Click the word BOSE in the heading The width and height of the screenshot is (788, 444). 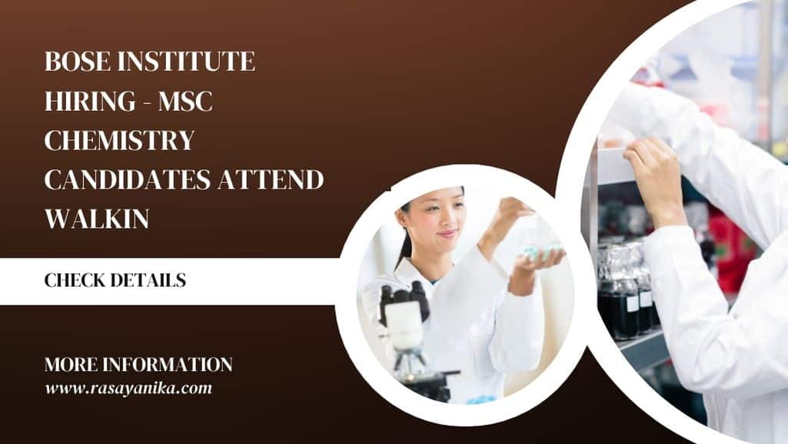tap(78, 62)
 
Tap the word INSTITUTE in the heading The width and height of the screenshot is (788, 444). tap(187, 62)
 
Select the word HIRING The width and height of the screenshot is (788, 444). tap(90, 101)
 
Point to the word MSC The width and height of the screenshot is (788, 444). tap(185, 101)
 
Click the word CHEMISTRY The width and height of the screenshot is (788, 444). tap(120, 140)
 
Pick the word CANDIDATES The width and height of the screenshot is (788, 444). tap(128, 179)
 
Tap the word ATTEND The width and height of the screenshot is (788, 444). tap(271, 179)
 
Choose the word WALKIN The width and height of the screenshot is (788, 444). tap(97, 219)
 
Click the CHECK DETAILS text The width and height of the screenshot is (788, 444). tap(115, 280)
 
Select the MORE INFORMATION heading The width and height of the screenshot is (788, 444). tap(138, 365)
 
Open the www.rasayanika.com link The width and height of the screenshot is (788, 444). tap(128, 388)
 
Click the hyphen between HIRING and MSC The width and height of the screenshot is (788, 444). tap(148, 102)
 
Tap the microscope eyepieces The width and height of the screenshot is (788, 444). tap(405, 297)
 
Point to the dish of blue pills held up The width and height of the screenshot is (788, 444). tap(543, 250)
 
